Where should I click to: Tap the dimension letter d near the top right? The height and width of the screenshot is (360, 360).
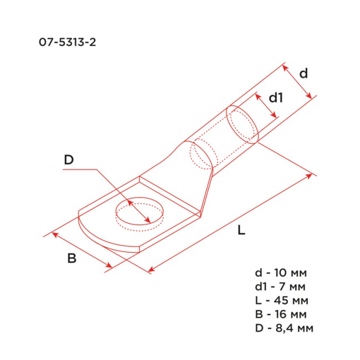(303, 73)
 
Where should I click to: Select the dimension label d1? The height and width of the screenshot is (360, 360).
(276, 98)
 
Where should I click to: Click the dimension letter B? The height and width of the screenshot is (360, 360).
(71, 258)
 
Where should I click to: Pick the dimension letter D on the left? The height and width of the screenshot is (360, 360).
(69, 160)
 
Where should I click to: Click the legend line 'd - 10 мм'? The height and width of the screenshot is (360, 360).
(280, 273)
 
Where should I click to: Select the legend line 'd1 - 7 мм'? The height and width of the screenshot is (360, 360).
(280, 286)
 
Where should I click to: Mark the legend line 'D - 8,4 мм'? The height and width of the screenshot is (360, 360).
(284, 328)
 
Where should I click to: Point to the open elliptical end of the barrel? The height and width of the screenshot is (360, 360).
(243, 125)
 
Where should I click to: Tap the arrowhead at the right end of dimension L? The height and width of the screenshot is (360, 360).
(311, 176)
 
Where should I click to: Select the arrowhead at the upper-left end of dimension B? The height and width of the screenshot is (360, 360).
(54, 234)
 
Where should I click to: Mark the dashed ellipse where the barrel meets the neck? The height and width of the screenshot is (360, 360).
(200, 155)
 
